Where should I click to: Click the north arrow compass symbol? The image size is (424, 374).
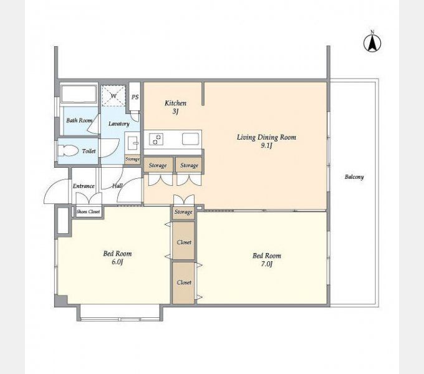[372, 42]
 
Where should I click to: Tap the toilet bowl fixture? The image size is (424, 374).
[68, 151]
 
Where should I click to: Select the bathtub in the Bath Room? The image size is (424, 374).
[79, 94]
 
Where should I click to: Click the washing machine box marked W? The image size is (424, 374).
[113, 96]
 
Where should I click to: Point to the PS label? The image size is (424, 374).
[135, 97]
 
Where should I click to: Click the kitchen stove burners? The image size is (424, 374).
[157, 139]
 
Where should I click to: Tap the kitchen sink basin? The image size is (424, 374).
[191, 139]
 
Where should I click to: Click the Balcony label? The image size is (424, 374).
[354, 177]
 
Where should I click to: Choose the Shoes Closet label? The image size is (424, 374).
[88, 211]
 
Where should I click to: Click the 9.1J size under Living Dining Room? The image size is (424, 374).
[266, 146]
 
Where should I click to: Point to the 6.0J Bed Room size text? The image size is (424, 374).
[117, 262]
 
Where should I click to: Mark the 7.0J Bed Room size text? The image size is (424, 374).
[267, 264]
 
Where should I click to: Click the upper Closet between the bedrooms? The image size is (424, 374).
[184, 241]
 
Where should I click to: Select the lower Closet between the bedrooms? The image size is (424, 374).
[184, 282]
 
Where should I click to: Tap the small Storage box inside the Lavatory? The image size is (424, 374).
[132, 159]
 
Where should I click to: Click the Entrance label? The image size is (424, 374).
[84, 186]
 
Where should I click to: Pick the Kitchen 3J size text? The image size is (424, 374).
[175, 112]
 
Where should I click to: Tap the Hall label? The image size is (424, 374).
[118, 186]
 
